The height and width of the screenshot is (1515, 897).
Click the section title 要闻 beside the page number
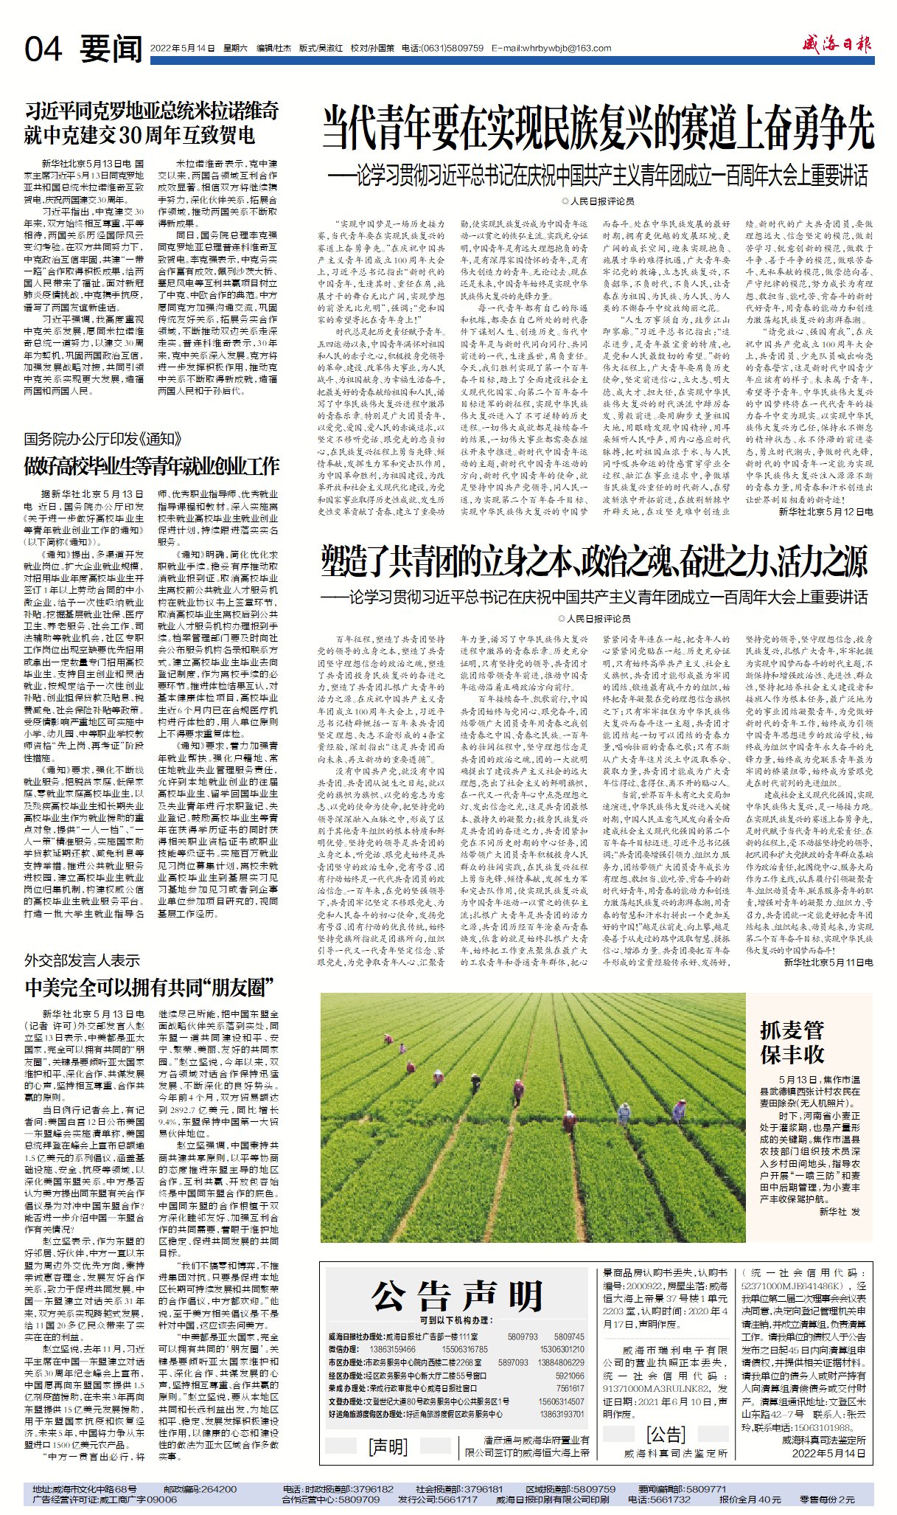111,49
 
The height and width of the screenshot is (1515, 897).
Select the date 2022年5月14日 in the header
177,49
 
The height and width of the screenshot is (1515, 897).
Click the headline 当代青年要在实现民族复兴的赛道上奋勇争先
598,129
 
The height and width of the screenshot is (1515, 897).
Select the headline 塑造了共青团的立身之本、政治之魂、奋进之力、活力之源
594,564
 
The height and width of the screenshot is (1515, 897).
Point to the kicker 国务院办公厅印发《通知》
102,440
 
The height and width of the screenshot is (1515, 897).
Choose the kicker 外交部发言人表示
82,960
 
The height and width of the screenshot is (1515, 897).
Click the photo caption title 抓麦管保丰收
792,1041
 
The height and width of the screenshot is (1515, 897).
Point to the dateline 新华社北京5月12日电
826,511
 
